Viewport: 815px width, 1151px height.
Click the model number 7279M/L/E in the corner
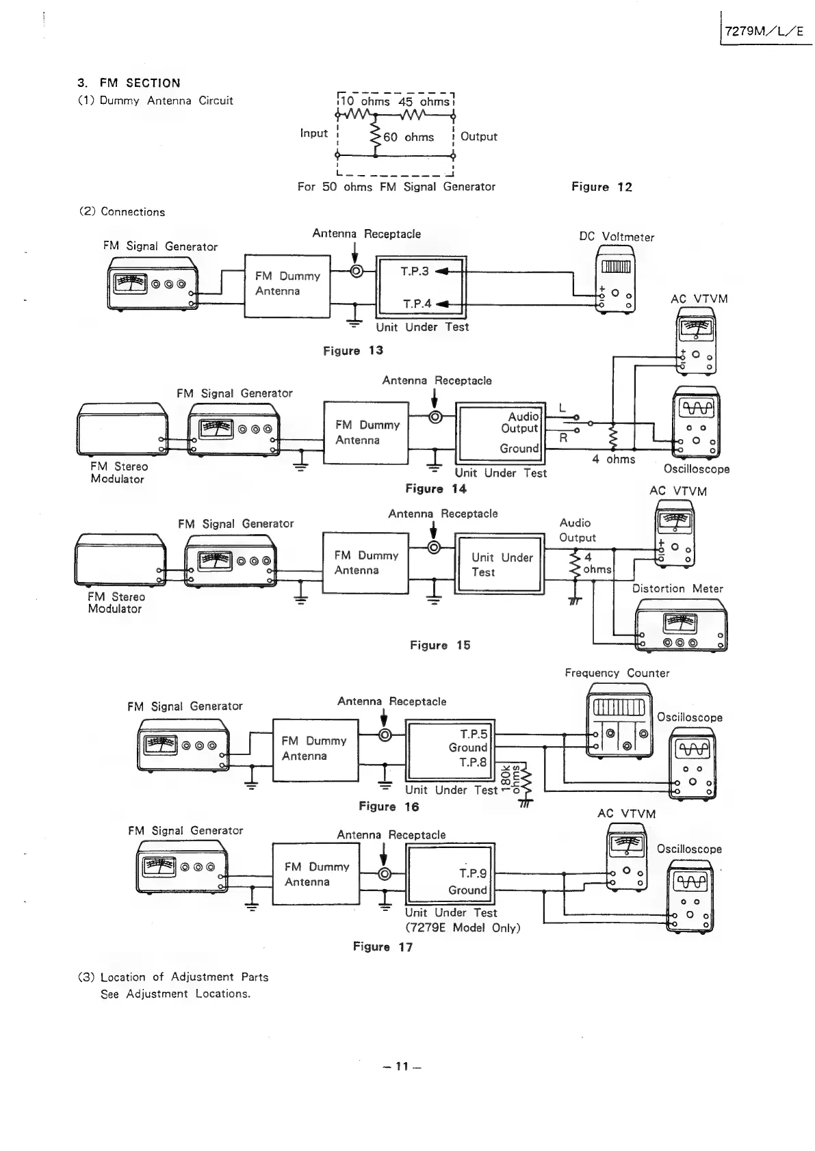pyautogui.click(x=765, y=31)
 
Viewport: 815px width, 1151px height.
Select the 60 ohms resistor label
pyautogui.click(x=409, y=137)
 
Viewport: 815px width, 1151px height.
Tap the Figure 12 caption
pyautogui.click(x=601, y=187)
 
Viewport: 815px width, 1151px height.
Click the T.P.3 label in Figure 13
pyautogui.click(x=415, y=272)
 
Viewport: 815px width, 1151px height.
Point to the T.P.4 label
pyautogui.click(x=417, y=304)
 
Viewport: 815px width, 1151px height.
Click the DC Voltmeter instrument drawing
pyautogui.click(x=616, y=280)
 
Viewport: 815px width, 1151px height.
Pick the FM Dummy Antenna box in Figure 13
pyautogui.click(x=287, y=285)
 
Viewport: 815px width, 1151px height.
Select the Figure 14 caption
pyautogui.click(x=435, y=488)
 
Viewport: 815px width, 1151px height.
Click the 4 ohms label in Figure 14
pyautogui.click(x=613, y=460)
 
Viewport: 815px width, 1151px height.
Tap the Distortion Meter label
pyautogui.click(x=677, y=589)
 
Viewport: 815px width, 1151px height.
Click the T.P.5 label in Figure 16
pyautogui.click(x=474, y=735)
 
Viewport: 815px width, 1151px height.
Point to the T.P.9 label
pyautogui.click(x=473, y=873)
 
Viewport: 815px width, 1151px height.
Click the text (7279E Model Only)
pyautogui.click(x=463, y=928)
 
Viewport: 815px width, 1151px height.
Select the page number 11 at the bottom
pyautogui.click(x=402, y=1066)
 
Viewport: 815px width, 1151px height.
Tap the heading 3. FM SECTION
pyautogui.click(x=129, y=83)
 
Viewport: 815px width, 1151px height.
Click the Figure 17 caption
pyautogui.click(x=383, y=947)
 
